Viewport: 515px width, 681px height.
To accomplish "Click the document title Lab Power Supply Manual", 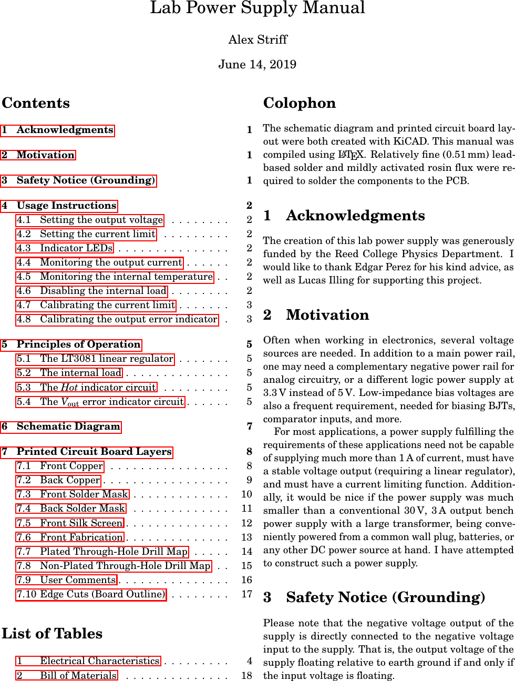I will tap(257, 8).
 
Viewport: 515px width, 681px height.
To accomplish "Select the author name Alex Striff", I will tap(257, 39).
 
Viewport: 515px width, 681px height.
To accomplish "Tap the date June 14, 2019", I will tap(257, 64).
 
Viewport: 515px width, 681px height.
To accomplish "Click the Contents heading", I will tap(36, 103).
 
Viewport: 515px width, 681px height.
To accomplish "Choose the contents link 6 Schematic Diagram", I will tap(61, 426).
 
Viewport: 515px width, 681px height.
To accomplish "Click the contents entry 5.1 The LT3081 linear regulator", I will tap(95, 359).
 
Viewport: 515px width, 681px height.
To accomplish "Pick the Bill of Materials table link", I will tap(67, 675).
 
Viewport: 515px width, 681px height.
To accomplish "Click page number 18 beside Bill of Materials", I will tap(247, 675).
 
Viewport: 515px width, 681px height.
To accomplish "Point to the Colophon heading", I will tap(300, 103).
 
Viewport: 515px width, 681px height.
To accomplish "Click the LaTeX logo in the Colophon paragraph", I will tap(351, 155).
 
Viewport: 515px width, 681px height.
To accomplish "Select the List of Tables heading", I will tap(52, 634).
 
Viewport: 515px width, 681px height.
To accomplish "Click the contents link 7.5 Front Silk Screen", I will tap(70, 523).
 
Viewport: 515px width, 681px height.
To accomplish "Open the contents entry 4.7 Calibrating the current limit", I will tap(96, 305).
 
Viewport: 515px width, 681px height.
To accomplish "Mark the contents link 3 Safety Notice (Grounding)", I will tap(79, 180).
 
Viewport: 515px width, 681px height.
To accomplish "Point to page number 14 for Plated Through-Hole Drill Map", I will tap(247, 552).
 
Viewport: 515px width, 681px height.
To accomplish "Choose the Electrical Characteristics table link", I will tap(88, 661).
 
